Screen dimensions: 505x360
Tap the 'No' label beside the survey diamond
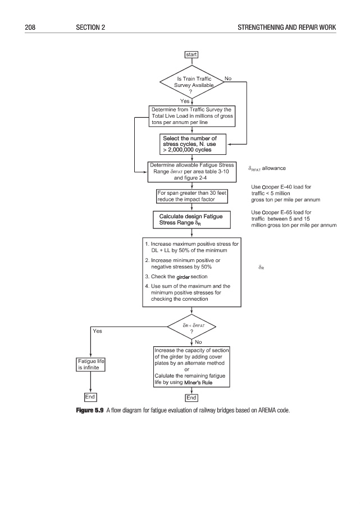click(x=228, y=79)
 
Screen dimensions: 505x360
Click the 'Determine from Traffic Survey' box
click(x=192, y=116)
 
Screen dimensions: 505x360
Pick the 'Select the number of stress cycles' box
click(x=192, y=144)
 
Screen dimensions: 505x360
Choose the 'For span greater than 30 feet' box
click(x=192, y=196)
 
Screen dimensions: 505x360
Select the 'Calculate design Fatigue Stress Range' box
click(x=192, y=220)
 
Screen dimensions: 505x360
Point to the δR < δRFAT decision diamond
click(x=192, y=328)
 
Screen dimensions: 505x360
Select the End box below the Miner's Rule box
click(x=192, y=398)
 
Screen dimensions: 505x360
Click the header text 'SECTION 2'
click(x=90, y=27)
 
